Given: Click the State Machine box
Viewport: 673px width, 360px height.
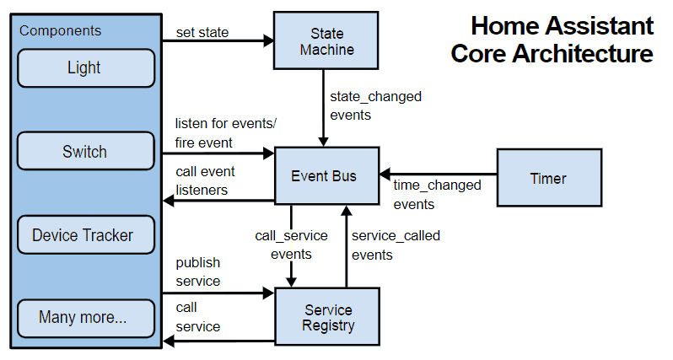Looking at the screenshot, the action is (326, 40).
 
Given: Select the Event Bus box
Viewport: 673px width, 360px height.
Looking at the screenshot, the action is (326, 176).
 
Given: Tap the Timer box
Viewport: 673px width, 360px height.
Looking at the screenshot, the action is (549, 178).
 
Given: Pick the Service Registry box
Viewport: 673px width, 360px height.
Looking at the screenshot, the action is (327, 317).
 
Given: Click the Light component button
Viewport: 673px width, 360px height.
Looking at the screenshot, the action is (86, 67).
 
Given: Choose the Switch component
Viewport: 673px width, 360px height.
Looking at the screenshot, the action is (86, 151).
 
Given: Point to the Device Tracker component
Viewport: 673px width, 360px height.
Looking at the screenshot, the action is (86, 234).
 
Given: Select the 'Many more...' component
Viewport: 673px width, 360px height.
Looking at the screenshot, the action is (86, 318).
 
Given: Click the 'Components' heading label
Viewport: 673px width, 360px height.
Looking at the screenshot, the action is (60, 30).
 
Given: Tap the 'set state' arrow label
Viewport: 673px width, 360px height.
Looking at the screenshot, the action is (202, 32).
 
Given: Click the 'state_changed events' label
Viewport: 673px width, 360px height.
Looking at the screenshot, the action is (375, 105).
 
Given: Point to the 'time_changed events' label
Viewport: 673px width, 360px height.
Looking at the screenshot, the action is (438, 195).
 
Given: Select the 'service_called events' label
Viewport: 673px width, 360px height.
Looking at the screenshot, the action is (396, 245).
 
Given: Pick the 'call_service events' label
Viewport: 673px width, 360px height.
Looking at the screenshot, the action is (291, 244).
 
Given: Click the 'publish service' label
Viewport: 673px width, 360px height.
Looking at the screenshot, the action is (198, 271).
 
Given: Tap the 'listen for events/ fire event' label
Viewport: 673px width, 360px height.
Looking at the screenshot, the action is (226, 133).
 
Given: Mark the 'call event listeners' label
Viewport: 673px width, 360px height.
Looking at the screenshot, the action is (205, 180).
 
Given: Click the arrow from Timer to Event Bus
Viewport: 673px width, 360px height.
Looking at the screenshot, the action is (439, 175).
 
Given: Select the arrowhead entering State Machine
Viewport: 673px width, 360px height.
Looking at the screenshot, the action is (269, 40).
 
